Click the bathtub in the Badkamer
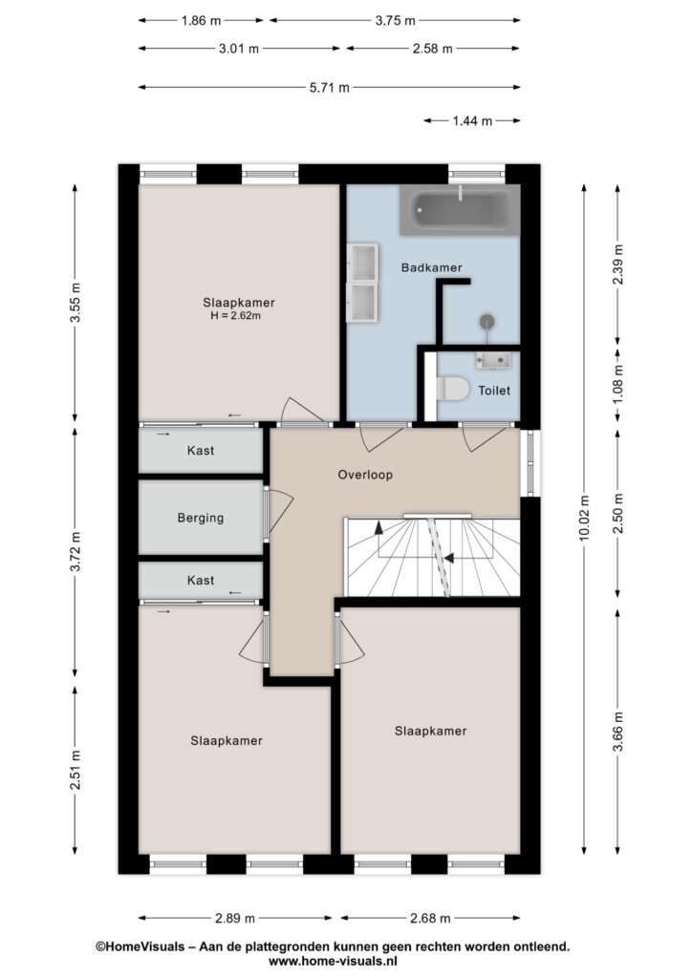point(459,209)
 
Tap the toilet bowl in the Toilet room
point(452,390)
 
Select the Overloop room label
point(365,475)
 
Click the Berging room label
point(201,518)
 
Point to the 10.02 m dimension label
point(584,517)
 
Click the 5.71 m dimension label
point(330,87)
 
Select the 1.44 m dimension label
point(472,121)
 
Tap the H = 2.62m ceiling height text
point(235,315)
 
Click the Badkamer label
point(431,267)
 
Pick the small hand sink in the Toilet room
point(493,360)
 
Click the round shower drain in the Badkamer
point(487,322)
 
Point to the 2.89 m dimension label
point(235,918)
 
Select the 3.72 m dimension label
point(75,552)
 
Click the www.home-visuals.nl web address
point(333,962)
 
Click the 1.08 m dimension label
point(617,383)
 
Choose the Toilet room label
point(494,391)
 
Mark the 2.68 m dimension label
point(430,918)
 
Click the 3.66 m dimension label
point(617,732)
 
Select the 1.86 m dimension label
point(201,21)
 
